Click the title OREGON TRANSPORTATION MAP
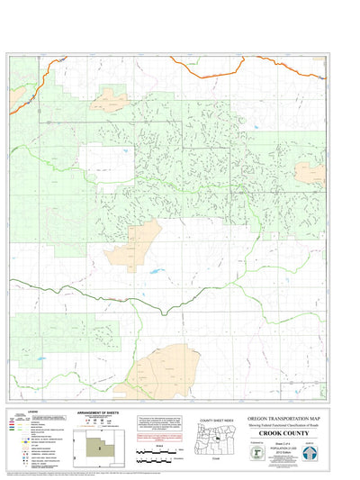coord(286,419)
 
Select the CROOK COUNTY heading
coord(286,433)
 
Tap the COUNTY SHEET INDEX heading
coord(219,421)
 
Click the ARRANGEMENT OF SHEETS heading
coord(99,414)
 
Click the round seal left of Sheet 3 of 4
coord(258,454)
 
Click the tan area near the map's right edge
coord(310,173)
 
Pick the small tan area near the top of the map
coord(111,98)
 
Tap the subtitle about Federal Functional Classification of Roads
coord(286,425)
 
